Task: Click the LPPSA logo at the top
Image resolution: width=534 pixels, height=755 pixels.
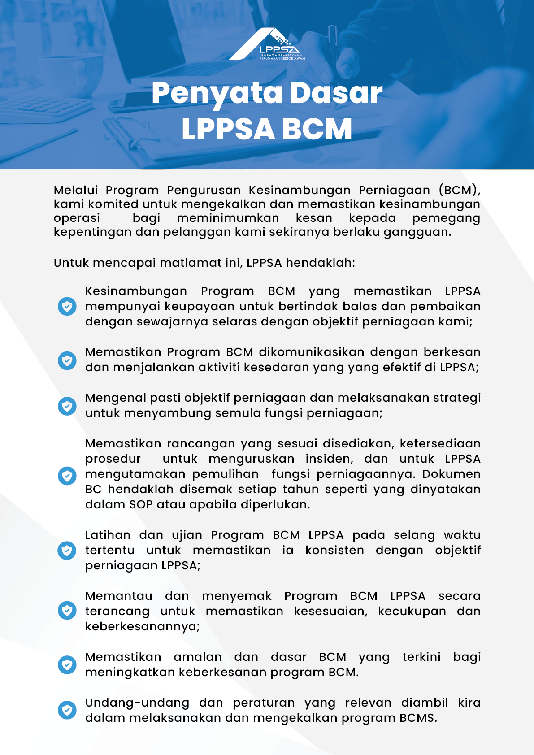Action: pyautogui.click(x=268, y=44)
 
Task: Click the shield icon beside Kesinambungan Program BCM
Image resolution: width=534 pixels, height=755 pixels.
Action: pyautogui.click(x=67, y=306)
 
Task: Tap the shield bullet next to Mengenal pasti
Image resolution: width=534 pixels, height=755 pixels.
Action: pyautogui.click(x=67, y=406)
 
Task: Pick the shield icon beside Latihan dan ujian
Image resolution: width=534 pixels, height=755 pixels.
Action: pyautogui.click(x=67, y=550)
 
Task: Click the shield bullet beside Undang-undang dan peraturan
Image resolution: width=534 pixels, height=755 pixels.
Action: pyautogui.click(x=67, y=710)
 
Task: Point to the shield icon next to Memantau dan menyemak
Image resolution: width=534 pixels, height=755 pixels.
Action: pyautogui.click(x=67, y=611)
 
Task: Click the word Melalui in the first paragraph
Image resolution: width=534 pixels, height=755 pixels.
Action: pyautogui.click(x=75, y=190)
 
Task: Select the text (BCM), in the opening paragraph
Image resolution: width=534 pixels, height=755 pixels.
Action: pyautogui.click(x=459, y=190)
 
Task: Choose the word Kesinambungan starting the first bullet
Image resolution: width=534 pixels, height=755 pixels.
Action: pyautogui.click(x=136, y=291)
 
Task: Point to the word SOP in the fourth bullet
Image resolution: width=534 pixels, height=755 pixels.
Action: pyautogui.click(x=141, y=504)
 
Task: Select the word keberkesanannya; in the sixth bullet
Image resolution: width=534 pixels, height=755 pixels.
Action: pyautogui.click(x=142, y=626)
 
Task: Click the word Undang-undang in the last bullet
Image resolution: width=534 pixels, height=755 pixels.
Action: pyautogui.click(x=137, y=703)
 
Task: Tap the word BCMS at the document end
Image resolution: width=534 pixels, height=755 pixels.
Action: pyautogui.click(x=417, y=718)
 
